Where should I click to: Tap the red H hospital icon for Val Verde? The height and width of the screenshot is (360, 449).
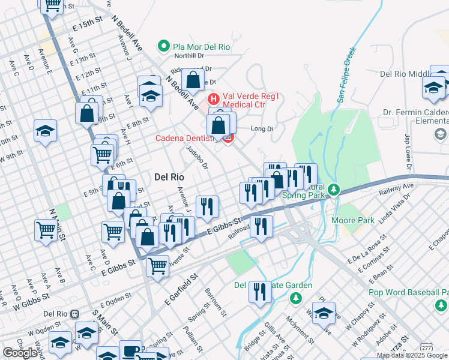(x=212, y=98)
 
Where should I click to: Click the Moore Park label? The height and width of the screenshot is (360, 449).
(x=352, y=220)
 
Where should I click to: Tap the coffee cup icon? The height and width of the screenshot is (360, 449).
(x=130, y=350)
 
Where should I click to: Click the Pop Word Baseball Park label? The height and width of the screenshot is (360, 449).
(x=408, y=293)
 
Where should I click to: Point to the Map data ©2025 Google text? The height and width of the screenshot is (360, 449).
(x=412, y=355)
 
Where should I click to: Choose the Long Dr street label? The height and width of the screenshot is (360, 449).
(x=262, y=128)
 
